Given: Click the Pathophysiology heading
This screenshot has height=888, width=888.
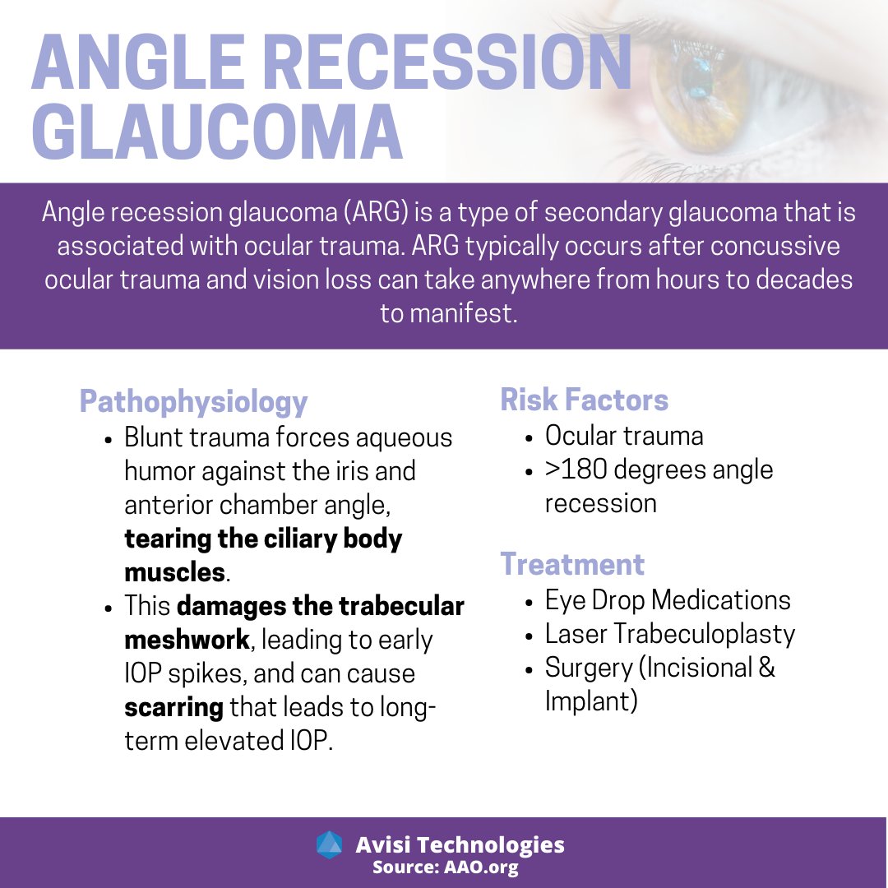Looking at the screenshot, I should (193, 402).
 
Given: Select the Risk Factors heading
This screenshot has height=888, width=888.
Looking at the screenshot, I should (584, 400).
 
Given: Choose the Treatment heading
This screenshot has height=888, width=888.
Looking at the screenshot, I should (572, 565).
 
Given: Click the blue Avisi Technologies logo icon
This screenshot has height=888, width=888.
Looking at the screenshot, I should (329, 844).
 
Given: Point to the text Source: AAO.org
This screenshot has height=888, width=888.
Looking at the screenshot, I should (445, 867).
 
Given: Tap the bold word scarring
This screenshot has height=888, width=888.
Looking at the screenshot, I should (173, 707).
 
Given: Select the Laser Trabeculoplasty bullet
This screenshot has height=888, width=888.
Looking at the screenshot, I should (670, 634).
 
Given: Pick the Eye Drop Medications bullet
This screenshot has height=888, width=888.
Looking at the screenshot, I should (668, 600).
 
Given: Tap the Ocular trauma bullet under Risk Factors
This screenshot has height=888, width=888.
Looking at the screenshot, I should (624, 436).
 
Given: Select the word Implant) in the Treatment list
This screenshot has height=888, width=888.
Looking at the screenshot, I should (591, 701).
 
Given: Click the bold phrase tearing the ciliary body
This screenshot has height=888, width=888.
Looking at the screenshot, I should (263, 539).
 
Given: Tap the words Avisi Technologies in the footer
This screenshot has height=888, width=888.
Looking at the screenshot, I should (460, 844).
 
